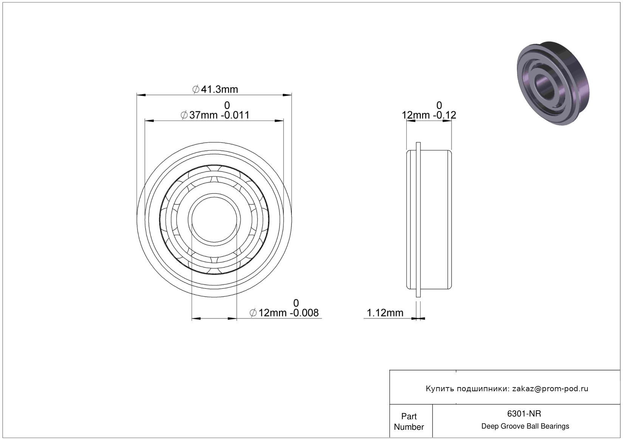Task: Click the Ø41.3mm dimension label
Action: click(x=215, y=89)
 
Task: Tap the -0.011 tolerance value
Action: click(x=235, y=115)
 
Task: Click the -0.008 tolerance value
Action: click(x=304, y=313)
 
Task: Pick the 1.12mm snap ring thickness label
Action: click(x=385, y=313)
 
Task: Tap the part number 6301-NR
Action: click(x=524, y=414)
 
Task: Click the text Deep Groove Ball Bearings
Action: click(x=525, y=426)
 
